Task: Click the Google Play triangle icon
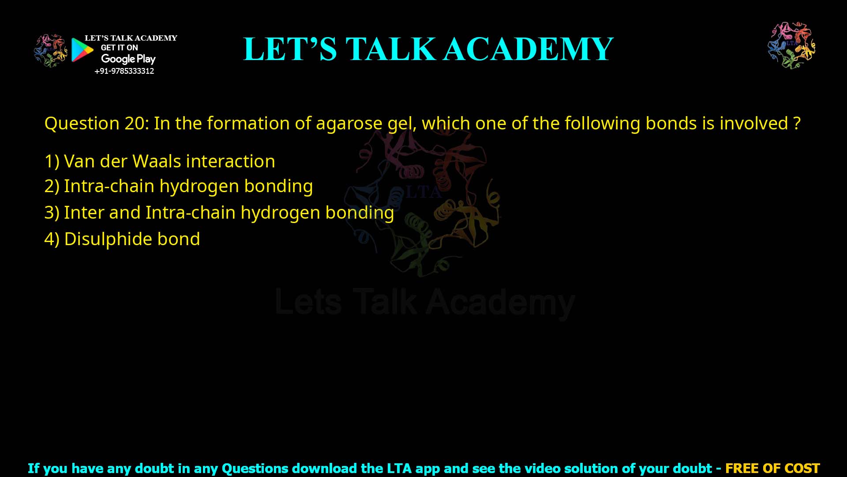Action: pos(82,49)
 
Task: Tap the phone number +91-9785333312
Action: pos(124,71)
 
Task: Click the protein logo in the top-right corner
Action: pos(791,45)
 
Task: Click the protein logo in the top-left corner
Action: pos(50,51)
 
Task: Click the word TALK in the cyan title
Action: pos(391,49)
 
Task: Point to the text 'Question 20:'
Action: pos(97,123)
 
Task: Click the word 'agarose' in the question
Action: pos(349,123)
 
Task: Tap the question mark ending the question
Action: pos(797,123)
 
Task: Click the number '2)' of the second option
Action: pos(52,186)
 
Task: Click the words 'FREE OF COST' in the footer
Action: pos(772,468)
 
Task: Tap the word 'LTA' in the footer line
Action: pos(400,468)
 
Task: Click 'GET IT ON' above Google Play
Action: pos(119,48)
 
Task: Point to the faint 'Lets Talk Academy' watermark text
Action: pos(424,303)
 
